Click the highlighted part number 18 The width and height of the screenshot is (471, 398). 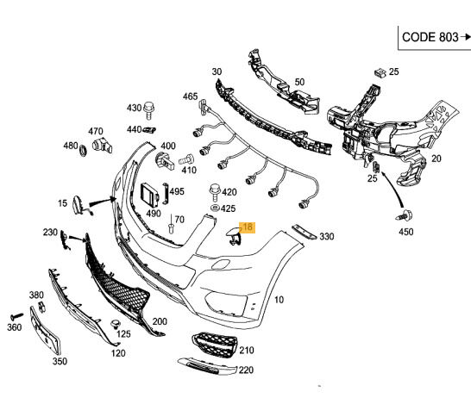coord(247,227)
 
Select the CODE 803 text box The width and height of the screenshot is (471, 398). coord(435,38)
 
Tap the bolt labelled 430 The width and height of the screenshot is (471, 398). coord(148,110)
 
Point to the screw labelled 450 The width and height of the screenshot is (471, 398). coord(405,215)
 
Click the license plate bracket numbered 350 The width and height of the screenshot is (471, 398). coord(46,331)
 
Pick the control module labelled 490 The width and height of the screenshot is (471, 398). coord(150,195)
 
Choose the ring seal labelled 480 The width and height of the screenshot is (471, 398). coord(83,150)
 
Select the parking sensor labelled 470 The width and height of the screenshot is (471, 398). coord(102,146)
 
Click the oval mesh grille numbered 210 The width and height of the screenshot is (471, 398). coord(214,345)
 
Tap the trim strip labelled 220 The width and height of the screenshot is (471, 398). coord(207,366)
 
